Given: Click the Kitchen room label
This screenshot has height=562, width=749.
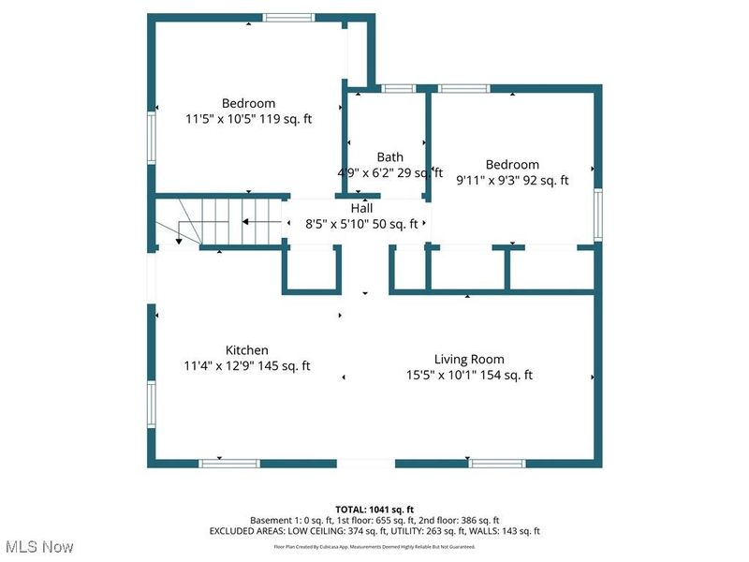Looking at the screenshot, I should [x=246, y=350].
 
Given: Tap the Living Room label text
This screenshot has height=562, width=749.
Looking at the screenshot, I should [x=469, y=359].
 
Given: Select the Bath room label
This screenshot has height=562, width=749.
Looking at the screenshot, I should [x=390, y=156].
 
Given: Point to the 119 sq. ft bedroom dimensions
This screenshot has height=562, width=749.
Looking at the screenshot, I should [x=248, y=119].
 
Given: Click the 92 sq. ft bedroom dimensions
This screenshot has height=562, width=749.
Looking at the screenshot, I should [x=512, y=181].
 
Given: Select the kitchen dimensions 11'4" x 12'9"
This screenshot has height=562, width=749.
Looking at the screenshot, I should [x=246, y=366].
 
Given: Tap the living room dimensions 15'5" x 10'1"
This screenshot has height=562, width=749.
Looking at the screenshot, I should [x=469, y=375].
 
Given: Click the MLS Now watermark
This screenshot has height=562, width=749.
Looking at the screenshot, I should [x=38, y=545].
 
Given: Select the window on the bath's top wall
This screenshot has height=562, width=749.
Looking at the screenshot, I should [x=399, y=89].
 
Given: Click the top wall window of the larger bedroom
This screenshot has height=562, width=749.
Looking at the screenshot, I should [x=287, y=17].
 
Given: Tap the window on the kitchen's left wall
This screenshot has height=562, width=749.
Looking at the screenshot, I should [x=150, y=403].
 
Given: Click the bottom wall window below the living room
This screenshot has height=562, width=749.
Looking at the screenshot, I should [x=496, y=463].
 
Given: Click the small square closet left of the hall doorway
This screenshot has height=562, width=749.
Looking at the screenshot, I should [x=311, y=271].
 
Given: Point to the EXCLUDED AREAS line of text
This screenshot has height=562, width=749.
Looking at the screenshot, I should [x=374, y=531].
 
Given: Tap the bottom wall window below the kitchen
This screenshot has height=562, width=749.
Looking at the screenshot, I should [x=229, y=463].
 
